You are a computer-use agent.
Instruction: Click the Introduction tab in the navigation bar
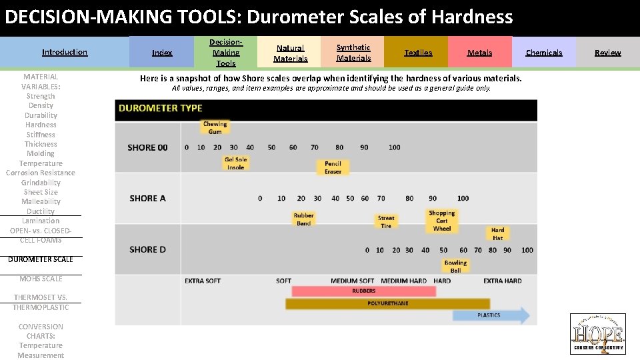pyautogui.click(x=65, y=52)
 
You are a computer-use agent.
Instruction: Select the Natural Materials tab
pyautogui.click(x=290, y=53)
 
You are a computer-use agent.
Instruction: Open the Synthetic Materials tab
pyautogui.click(x=353, y=53)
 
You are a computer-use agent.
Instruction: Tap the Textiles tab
pyautogui.click(x=418, y=53)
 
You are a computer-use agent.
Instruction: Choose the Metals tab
pyautogui.click(x=479, y=53)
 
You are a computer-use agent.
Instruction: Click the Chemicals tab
pyautogui.click(x=543, y=53)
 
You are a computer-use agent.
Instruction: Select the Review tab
pyautogui.click(x=607, y=53)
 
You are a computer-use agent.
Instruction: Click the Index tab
pyautogui.click(x=162, y=53)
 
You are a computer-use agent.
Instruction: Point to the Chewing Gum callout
pyautogui.click(x=215, y=127)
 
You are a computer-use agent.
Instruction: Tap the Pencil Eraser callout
pyautogui.click(x=333, y=168)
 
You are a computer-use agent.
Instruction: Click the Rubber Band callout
pyautogui.click(x=303, y=219)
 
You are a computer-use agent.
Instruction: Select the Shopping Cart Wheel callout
pyautogui.click(x=441, y=221)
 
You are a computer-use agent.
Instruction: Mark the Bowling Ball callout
pyautogui.click(x=455, y=267)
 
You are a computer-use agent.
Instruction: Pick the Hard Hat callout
pyautogui.click(x=497, y=234)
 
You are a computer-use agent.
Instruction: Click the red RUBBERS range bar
pyautogui.click(x=363, y=291)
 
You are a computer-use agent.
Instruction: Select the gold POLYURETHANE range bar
pyautogui.click(x=387, y=304)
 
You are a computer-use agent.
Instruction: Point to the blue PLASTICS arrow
pyautogui.click(x=491, y=315)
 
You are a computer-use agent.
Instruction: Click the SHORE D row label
pyautogui.click(x=147, y=249)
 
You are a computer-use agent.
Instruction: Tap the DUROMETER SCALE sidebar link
pyautogui.click(x=41, y=259)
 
